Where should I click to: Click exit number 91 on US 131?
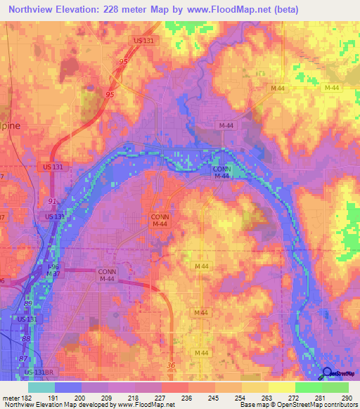click(x=51, y=202)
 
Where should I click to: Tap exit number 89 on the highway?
click(x=29, y=303)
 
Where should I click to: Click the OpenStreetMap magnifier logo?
click(x=327, y=374)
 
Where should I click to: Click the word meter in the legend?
click(x=10, y=397)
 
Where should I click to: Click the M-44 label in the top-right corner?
click(x=331, y=87)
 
